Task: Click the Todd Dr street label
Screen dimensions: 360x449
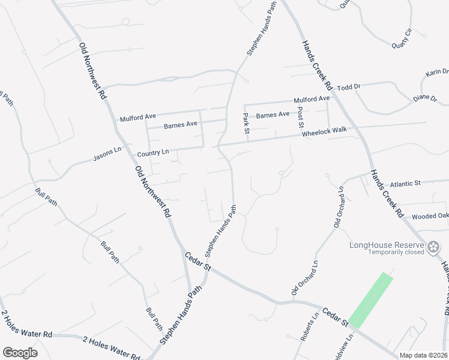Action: [x=348, y=87]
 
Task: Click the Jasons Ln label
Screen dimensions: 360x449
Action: [x=107, y=155]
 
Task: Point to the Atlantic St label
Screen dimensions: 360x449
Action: [x=406, y=182]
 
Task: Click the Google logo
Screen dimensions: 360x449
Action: [x=20, y=352]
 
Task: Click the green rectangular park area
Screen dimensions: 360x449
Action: [x=370, y=300]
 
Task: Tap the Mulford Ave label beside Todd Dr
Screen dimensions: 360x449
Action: [x=312, y=99]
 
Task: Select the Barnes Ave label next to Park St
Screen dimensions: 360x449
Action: [x=273, y=114]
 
